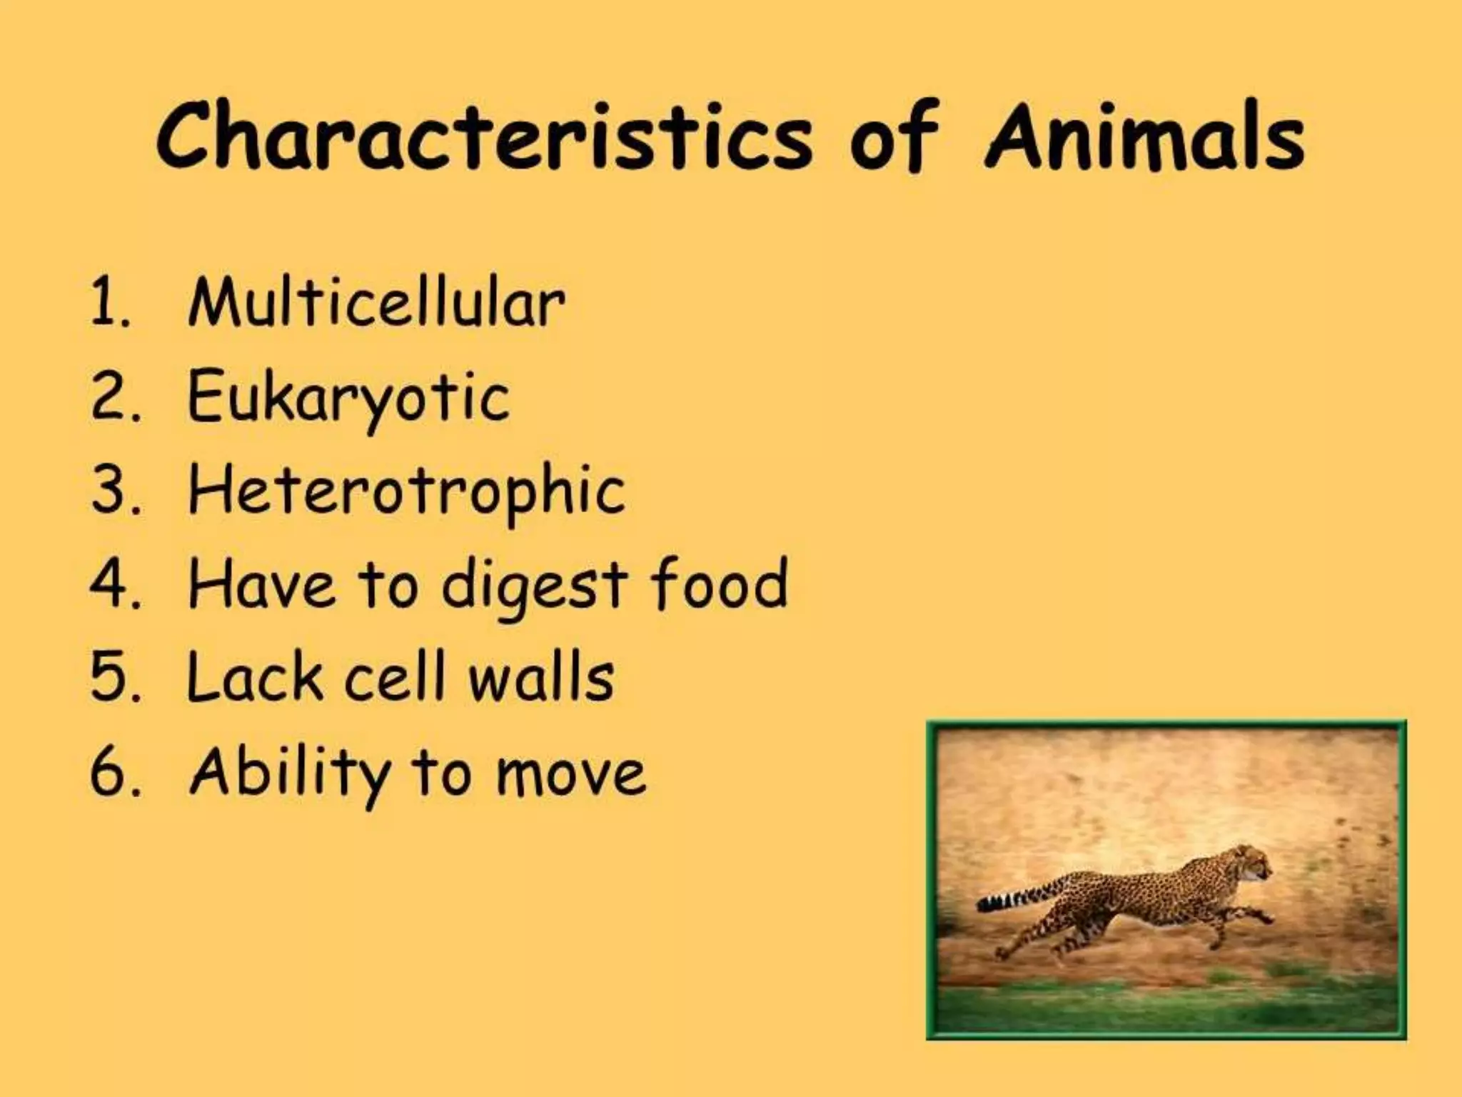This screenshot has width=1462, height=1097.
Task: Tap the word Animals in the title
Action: (1144, 137)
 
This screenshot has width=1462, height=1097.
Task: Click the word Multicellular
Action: (376, 304)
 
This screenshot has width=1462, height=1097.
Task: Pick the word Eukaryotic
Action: (348, 398)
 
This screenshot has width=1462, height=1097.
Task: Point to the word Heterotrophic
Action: (406, 491)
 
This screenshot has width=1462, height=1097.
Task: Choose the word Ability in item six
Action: (290, 773)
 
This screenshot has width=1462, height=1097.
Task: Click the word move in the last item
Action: (571, 774)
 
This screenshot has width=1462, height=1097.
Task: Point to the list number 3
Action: (110, 491)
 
